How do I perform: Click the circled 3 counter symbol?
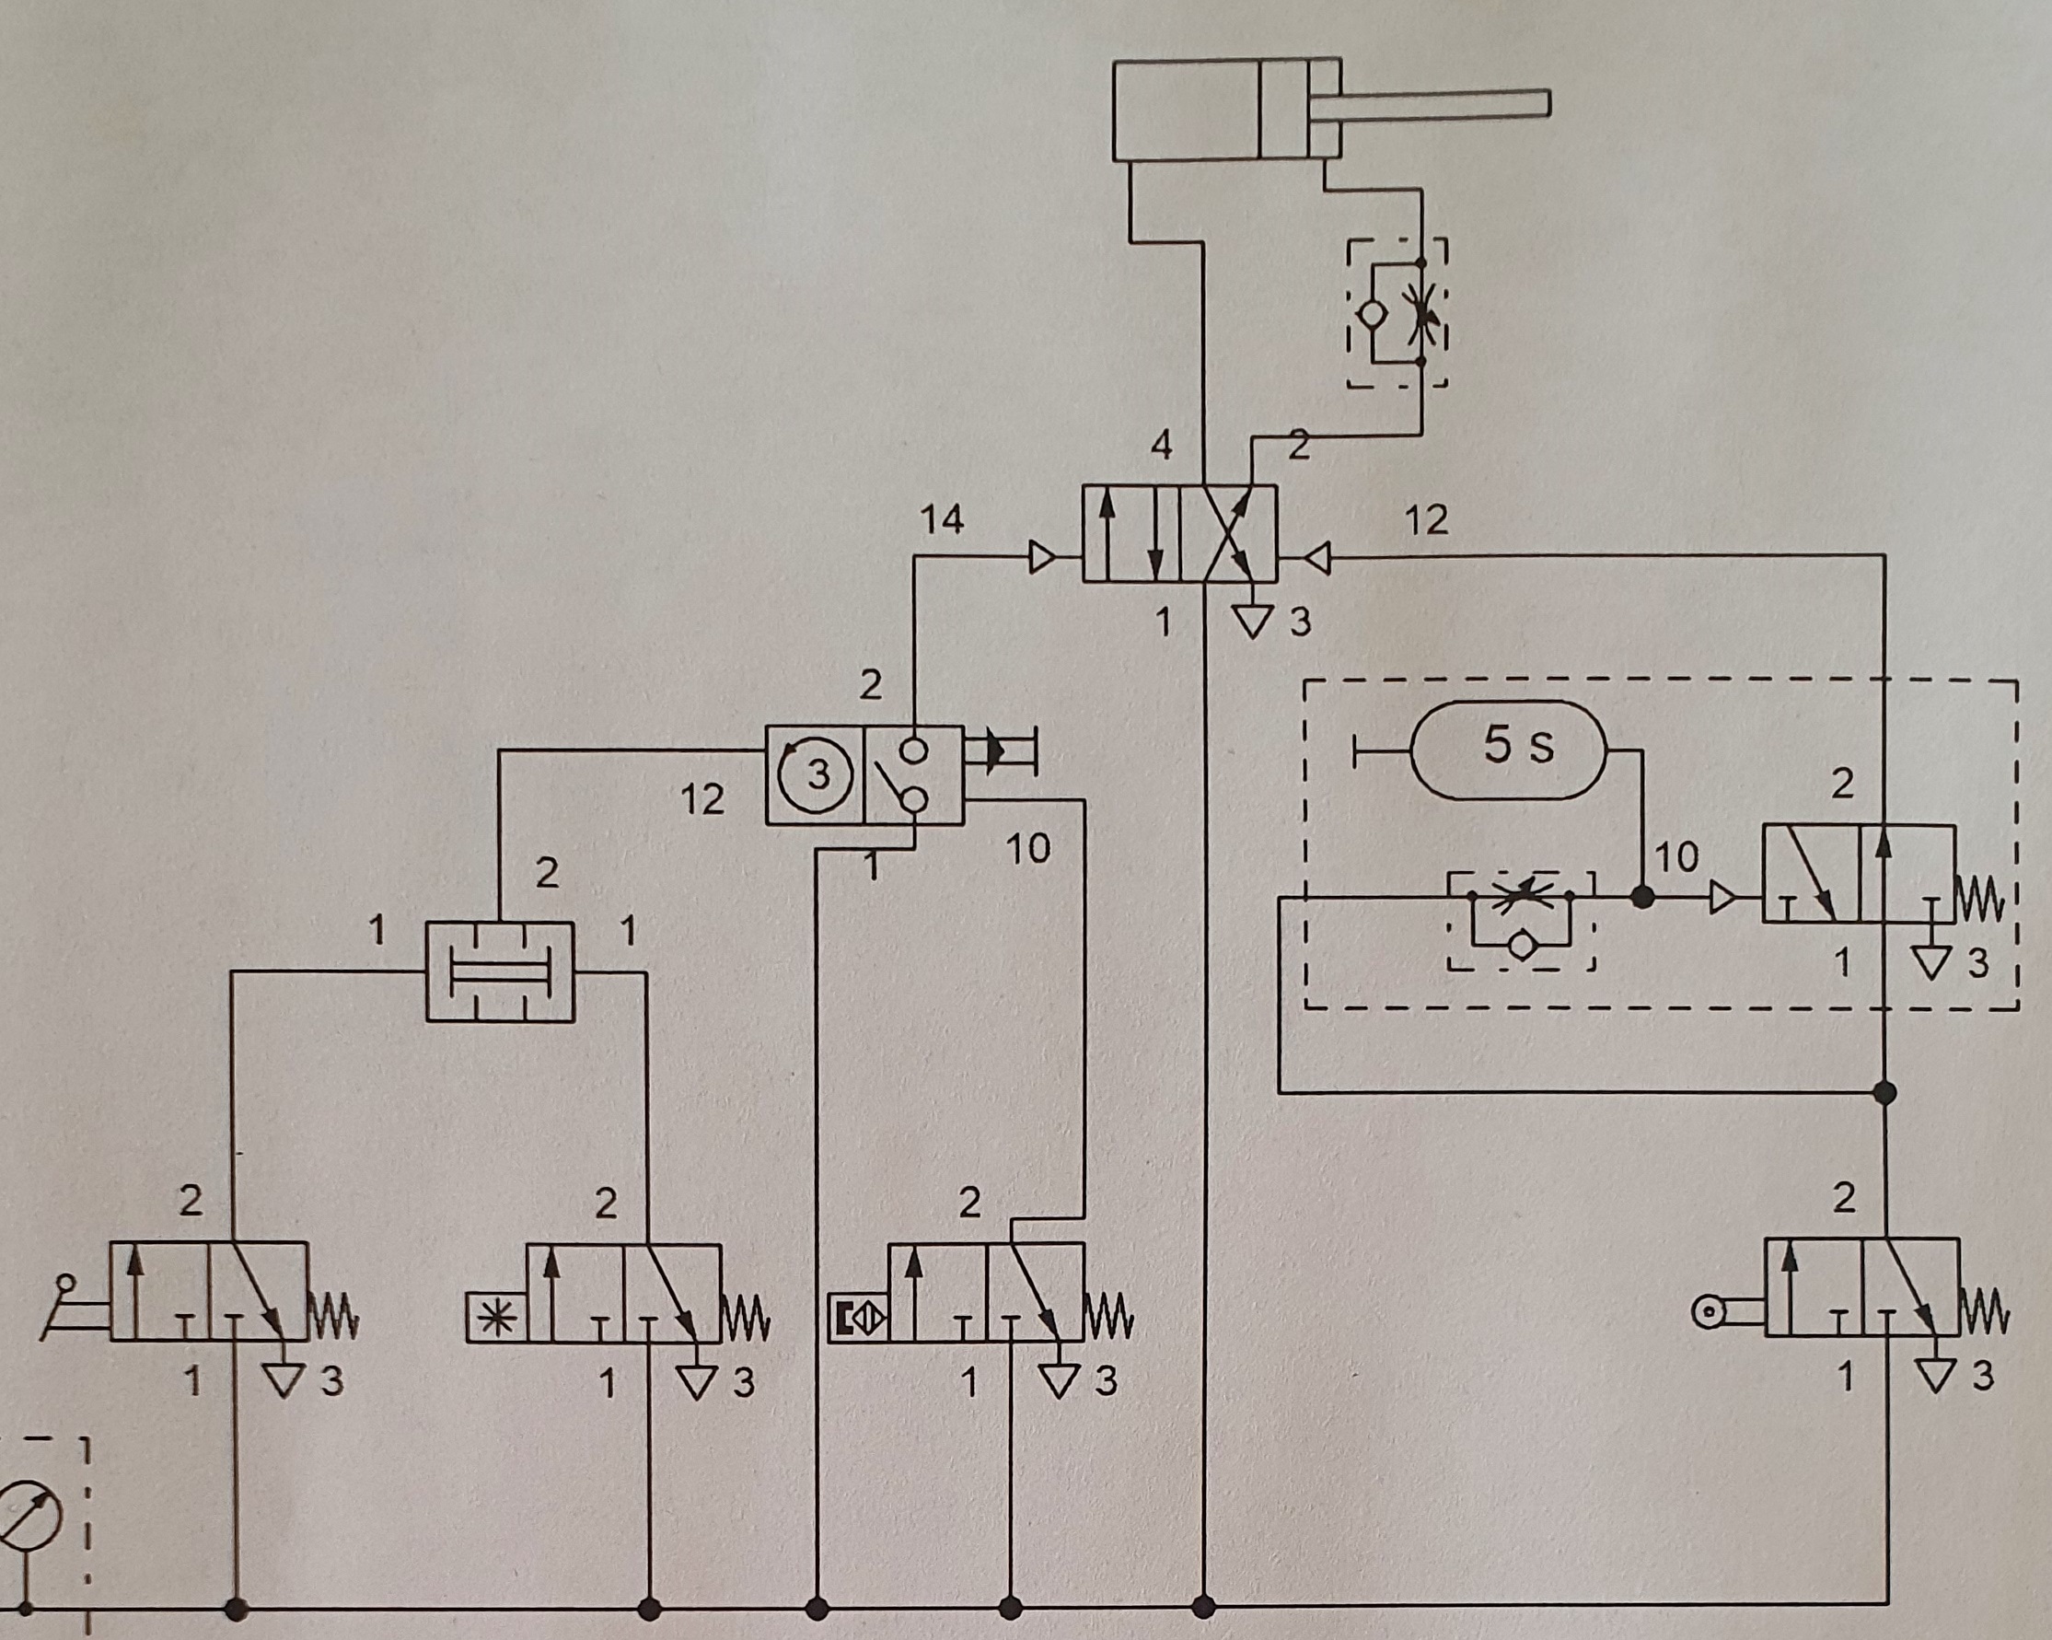[x=816, y=774]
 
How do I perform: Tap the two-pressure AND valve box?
[x=500, y=971]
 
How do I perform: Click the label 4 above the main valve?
[x=1161, y=445]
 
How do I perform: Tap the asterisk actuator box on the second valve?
[x=496, y=1319]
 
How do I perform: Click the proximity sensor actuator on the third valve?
[x=858, y=1319]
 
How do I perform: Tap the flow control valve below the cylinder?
[x=1397, y=314]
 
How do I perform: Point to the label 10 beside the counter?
[x=1027, y=848]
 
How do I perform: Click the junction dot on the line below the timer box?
[x=1884, y=1093]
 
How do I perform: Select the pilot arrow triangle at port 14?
[x=1042, y=557]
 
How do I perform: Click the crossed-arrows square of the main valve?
[x=1228, y=533]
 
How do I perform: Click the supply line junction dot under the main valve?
[x=1204, y=1608]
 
